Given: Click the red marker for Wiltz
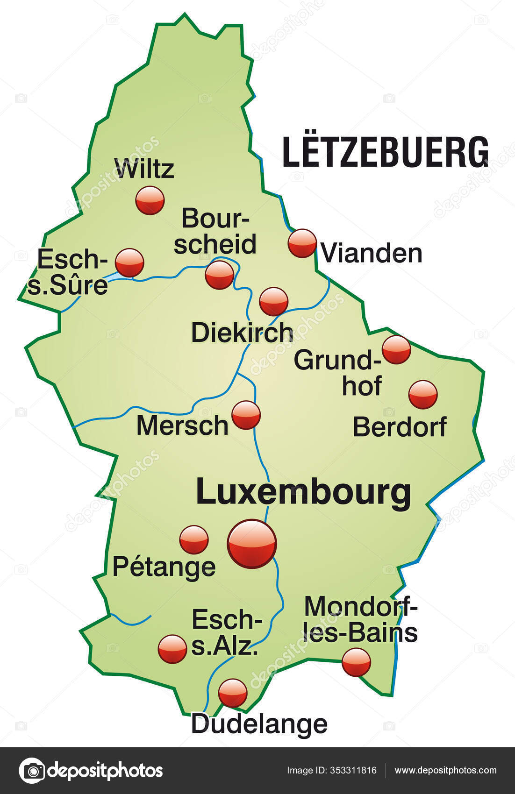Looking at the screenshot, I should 150,200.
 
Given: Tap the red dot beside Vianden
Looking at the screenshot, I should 302,243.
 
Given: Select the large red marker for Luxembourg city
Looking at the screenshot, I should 252,544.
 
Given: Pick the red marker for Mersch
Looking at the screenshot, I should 246,415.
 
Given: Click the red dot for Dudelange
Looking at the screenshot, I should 233,693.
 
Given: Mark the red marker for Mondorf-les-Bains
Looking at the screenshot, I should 356,662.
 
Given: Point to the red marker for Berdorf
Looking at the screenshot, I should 423,395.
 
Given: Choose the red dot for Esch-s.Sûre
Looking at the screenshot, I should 129,262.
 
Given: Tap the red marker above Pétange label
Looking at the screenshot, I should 194,539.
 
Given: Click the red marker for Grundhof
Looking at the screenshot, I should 396,349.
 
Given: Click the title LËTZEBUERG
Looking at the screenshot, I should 386,152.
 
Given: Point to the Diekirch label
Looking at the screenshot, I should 242,333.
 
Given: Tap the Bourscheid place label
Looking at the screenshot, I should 215,231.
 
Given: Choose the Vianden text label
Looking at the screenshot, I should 372,254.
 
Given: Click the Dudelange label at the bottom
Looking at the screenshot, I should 259,724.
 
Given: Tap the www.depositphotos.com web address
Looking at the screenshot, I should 445,771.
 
